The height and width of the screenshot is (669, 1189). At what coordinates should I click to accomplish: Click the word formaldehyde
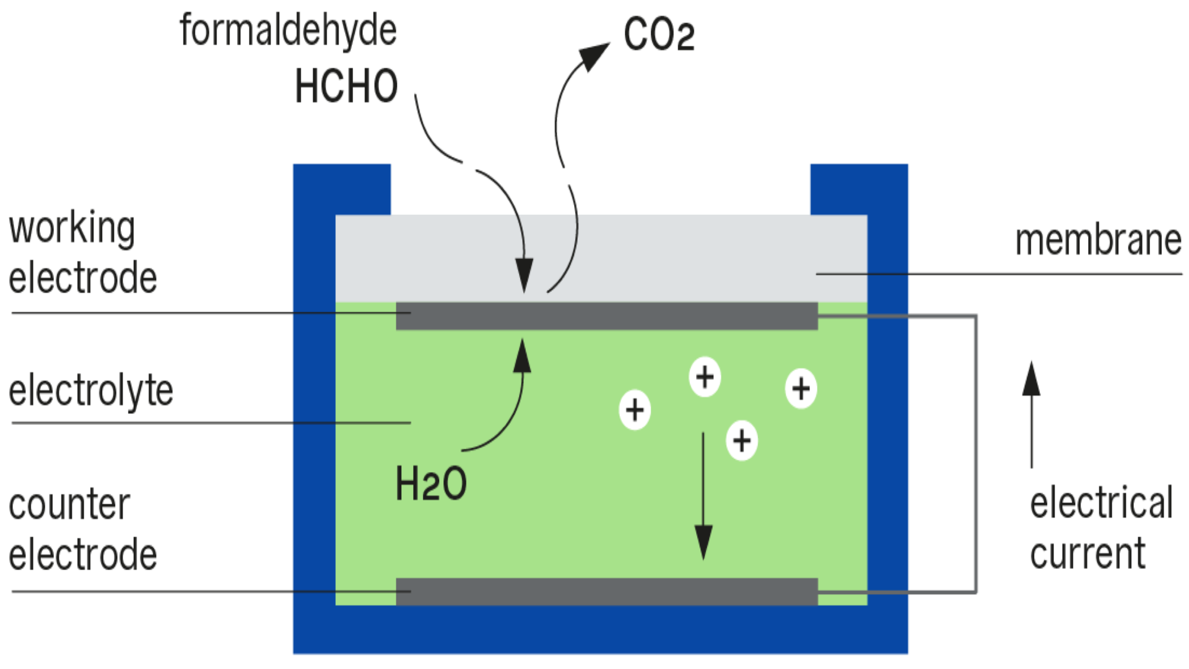pos(288,31)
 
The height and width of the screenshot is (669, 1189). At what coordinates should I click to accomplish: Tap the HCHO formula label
pos(346,86)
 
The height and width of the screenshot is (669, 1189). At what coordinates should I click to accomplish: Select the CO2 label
pos(659,35)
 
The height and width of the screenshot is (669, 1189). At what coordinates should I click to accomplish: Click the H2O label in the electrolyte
pos(431,484)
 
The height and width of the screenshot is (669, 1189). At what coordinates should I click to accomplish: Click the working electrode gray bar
pos(607,316)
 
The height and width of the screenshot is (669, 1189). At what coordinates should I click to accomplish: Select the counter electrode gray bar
pos(607,592)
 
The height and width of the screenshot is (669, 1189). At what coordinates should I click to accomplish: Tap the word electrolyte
pos(91,391)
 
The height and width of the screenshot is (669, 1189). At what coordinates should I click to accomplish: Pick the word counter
pos(69,505)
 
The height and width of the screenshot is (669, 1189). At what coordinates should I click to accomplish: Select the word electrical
pos(1101,503)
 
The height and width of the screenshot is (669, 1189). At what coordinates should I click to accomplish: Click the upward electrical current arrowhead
pos(1031,378)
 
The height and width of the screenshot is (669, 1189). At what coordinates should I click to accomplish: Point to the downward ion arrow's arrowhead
pos(703,542)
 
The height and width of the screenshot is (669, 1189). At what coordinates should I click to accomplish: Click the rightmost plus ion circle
pos(801,388)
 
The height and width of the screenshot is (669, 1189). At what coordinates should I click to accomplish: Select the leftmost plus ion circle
pos(635,409)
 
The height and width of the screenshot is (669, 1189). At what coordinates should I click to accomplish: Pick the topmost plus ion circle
pos(705,377)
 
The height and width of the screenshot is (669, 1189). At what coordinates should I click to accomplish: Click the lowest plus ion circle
pos(741,440)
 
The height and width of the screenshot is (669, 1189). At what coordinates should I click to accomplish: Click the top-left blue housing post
pos(342,189)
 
